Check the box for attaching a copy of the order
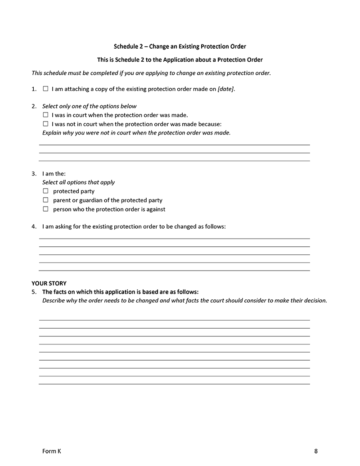(45, 89)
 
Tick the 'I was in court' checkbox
(45, 115)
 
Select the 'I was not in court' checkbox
(45, 124)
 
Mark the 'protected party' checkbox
(45, 191)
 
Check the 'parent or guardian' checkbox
(45, 200)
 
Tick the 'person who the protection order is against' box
(45, 209)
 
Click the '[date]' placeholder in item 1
(225, 89)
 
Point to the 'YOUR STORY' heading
(49, 284)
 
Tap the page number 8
(316, 451)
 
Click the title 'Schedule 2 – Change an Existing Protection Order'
(180, 46)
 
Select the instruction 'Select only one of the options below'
(89, 106)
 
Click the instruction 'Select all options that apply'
(78, 182)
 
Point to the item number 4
(34, 226)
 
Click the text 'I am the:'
(54, 173)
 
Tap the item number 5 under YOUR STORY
(34, 292)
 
